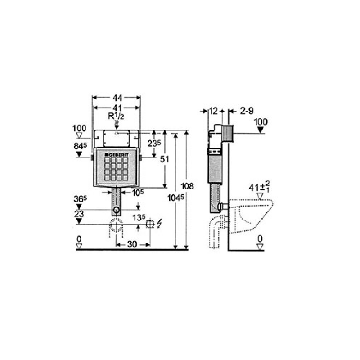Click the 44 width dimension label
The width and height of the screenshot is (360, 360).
click(x=117, y=98)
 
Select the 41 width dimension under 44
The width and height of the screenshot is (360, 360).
click(x=117, y=108)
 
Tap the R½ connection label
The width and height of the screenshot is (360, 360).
click(x=116, y=116)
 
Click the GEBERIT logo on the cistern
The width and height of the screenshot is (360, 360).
click(x=117, y=155)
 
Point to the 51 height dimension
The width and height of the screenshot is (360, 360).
click(x=164, y=159)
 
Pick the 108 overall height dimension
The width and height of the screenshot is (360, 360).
click(x=187, y=186)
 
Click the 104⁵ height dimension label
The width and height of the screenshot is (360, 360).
click(x=176, y=198)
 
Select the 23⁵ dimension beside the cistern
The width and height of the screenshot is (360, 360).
click(x=154, y=143)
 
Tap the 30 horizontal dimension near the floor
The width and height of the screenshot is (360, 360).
click(x=132, y=244)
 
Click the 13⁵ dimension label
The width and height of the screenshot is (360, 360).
click(x=139, y=217)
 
